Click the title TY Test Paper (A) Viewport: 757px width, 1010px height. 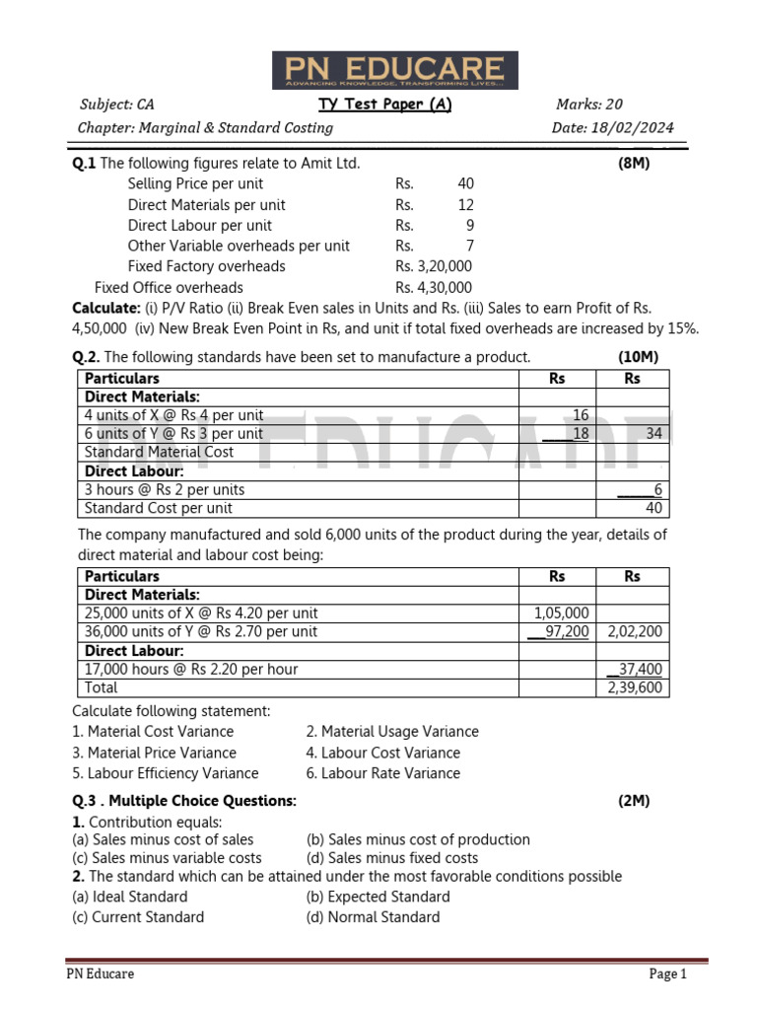tap(384, 105)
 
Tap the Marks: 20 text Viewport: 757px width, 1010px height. tap(588, 105)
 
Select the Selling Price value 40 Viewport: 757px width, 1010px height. tap(465, 183)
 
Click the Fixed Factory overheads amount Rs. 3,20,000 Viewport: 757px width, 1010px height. tap(434, 266)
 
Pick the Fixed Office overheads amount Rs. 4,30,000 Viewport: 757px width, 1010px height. tap(434, 288)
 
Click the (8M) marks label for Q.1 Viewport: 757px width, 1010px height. tap(634, 164)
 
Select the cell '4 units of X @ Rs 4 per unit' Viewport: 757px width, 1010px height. tap(174, 415)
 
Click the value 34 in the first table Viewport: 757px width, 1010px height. tap(654, 434)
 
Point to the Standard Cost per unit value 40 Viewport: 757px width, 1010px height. tap(654, 508)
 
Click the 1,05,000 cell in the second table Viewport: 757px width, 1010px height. tap(561, 613)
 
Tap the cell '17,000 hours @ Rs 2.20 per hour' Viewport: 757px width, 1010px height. tap(191, 669)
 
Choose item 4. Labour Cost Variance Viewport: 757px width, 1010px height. tap(370, 753)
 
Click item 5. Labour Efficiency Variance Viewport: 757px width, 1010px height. tap(166, 773)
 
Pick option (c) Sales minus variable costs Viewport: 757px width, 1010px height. tap(168, 858)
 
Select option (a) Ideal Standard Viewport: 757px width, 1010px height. tap(130, 897)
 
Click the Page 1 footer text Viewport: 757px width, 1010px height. tap(667, 974)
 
